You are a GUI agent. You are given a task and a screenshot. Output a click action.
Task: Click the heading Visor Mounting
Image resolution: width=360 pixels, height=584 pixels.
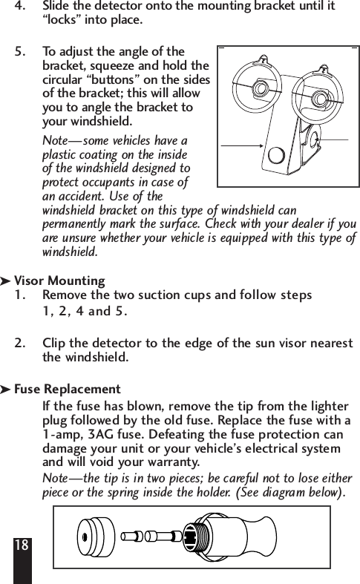tap(59, 281)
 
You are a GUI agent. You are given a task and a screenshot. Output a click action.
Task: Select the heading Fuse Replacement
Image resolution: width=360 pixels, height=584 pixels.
tap(67, 390)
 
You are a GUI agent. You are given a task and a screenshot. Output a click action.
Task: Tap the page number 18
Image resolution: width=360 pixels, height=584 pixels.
tap(22, 545)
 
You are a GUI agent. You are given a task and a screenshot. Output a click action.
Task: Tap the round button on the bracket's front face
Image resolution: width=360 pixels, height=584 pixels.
tap(276, 155)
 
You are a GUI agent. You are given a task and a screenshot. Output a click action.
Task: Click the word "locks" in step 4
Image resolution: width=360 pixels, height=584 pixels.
tap(64, 19)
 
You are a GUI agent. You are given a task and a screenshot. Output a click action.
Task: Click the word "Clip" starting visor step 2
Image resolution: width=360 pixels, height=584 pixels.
tap(54, 344)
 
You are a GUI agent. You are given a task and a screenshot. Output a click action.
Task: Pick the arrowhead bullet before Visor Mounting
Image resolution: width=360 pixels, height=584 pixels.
tap(7, 282)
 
